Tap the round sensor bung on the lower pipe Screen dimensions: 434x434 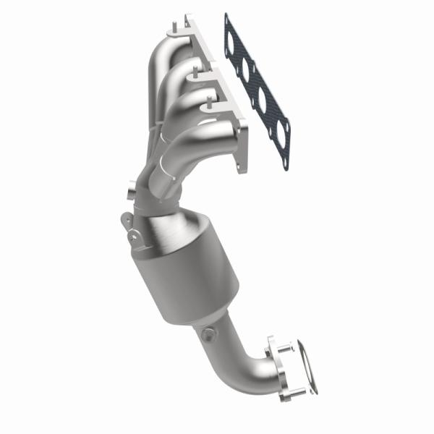pos(208,334)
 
